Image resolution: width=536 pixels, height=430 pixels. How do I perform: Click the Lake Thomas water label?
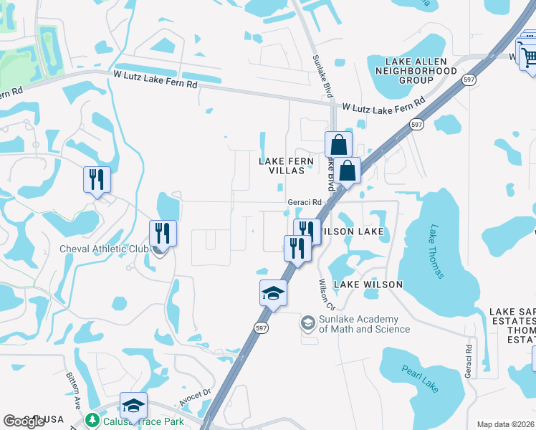436,252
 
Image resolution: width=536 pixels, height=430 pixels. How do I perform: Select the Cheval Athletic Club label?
103,249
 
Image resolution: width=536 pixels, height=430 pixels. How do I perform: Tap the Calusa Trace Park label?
143,421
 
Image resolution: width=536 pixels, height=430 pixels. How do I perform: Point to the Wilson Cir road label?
326,290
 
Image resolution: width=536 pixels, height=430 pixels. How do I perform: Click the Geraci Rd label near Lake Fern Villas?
302,203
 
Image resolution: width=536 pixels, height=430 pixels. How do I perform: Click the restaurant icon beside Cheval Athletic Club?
163,234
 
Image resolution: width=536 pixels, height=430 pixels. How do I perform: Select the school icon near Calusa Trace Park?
133,406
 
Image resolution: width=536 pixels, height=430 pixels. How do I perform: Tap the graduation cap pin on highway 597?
273,292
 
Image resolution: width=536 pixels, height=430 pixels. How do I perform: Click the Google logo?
24,421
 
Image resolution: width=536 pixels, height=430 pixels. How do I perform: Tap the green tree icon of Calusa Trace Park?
91,421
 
